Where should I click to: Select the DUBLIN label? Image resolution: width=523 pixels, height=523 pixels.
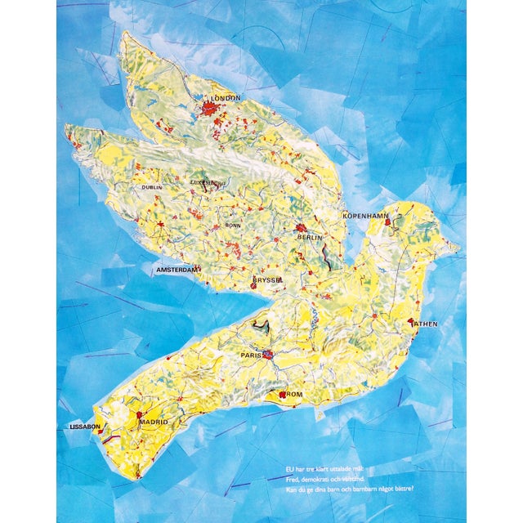(x=152, y=187)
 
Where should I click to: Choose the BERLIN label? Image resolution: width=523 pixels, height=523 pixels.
(x=311, y=237)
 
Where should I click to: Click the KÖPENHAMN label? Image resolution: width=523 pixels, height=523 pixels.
(x=365, y=215)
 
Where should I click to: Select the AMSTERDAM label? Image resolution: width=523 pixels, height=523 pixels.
(x=178, y=268)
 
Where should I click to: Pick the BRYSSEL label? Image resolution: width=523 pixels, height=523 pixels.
(x=267, y=279)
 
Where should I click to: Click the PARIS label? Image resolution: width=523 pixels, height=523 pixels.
(x=250, y=356)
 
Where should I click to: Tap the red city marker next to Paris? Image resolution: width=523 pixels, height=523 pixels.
(x=267, y=355)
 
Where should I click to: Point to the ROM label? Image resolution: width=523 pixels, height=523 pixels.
(x=295, y=395)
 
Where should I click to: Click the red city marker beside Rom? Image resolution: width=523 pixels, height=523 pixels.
(x=283, y=395)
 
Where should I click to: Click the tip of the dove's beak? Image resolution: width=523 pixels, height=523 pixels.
(x=458, y=247)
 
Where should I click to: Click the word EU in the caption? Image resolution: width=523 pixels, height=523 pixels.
(x=290, y=469)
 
